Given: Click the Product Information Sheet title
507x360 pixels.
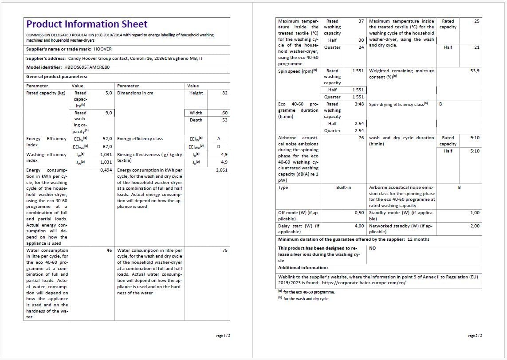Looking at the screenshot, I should coord(87,24).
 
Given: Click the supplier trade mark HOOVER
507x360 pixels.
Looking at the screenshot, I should coord(103,49).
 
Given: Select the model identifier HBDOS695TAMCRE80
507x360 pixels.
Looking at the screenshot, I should coord(86,67).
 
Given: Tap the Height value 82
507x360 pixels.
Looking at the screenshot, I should coord(224,93).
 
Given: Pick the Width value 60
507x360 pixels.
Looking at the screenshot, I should coord(224,113).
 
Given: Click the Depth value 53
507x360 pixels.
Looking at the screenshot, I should coord(224,120).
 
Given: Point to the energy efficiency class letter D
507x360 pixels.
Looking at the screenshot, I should coord(218,147).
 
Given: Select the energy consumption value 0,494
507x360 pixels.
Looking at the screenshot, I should coord(106,170).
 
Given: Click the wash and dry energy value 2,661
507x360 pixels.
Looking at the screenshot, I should coord(221,170).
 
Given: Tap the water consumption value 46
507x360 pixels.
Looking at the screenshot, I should coord(109,250).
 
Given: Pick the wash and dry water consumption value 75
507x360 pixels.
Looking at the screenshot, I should coord(224,250).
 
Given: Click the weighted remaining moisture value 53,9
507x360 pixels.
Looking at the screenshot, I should coord(475,71).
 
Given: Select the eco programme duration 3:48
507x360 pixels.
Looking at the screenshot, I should coord(359,104).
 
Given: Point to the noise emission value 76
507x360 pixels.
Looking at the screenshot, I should coord(361,138).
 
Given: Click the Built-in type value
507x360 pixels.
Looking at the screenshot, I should coord(343,188).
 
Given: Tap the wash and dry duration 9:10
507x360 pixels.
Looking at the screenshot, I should coord(475,138).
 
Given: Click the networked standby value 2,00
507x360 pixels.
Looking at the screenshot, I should coord(475,226).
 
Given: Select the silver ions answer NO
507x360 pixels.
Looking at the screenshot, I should coord(372,248).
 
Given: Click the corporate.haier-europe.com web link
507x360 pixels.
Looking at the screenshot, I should coord(357,283).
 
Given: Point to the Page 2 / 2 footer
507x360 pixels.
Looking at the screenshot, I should coord(475,336).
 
